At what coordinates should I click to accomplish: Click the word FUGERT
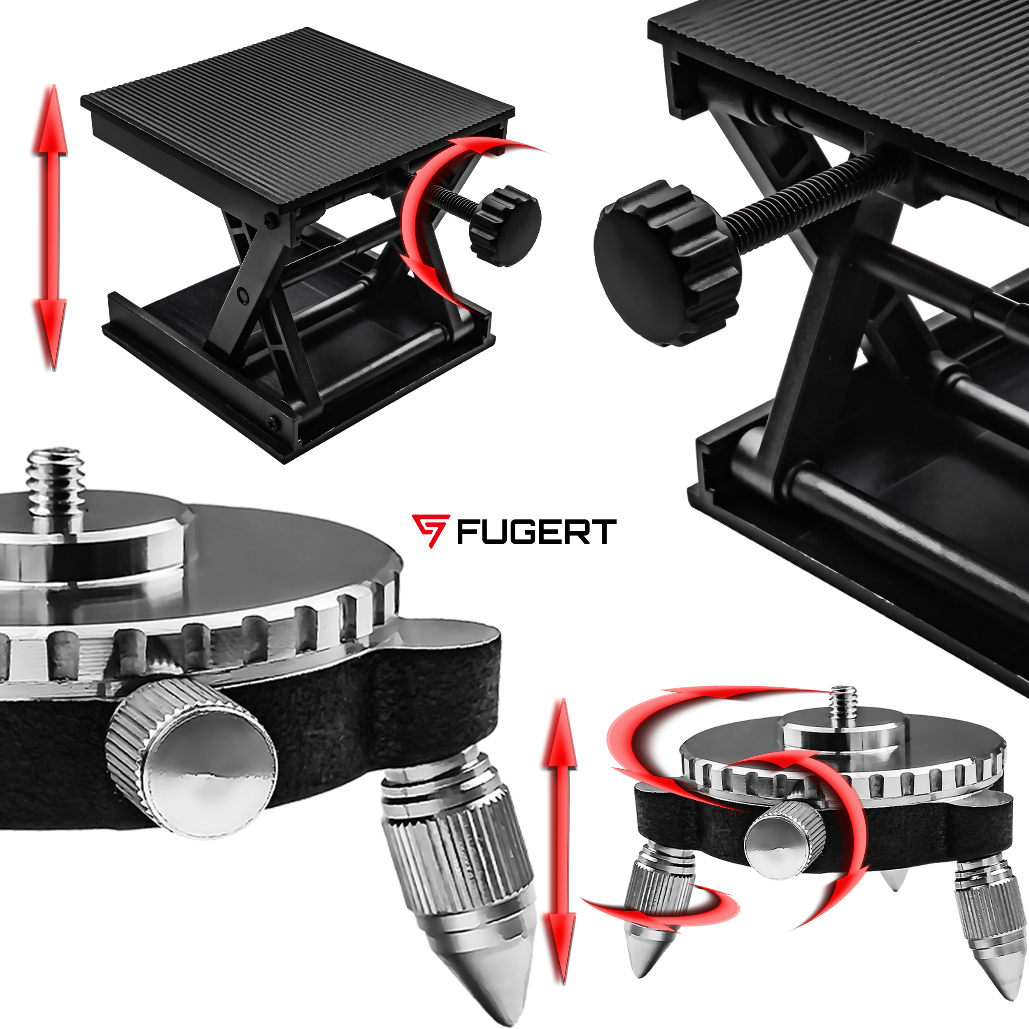pyautogui.click(x=536, y=531)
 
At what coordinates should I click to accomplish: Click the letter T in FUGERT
pyautogui.click(x=604, y=531)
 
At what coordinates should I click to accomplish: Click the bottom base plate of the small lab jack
pyautogui.click(x=298, y=373)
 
